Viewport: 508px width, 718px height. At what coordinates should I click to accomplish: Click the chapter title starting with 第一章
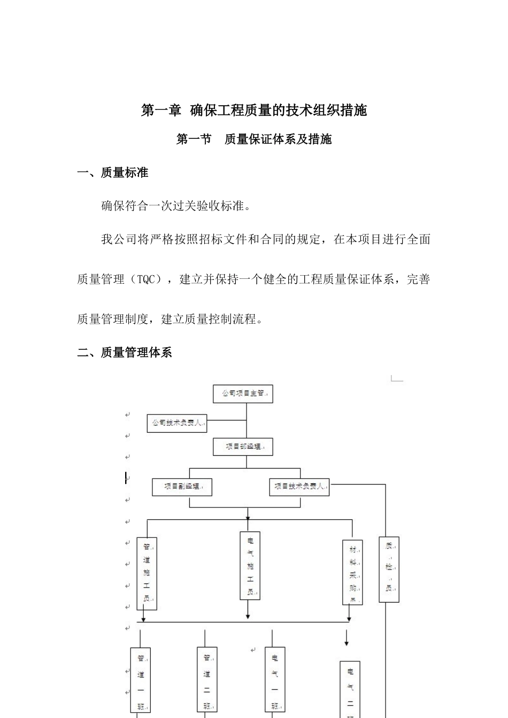pyautogui.click(x=254, y=110)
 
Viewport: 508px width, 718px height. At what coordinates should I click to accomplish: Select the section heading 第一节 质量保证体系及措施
pyautogui.click(x=254, y=139)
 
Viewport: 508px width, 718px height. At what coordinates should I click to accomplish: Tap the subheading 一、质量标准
pyautogui.click(x=113, y=173)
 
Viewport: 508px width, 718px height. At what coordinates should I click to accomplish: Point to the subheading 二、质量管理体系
pyautogui.click(x=125, y=353)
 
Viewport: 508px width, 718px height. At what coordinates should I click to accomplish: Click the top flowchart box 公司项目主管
pyautogui.click(x=243, y=394)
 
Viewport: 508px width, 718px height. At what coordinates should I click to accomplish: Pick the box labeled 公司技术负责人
pyautogui.click(x=177, y=423)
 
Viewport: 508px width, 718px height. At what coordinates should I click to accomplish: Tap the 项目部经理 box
pyautogui.click(x=243, y=446)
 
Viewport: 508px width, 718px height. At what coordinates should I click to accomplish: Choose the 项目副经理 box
pyautogui.click(x=182, y=487)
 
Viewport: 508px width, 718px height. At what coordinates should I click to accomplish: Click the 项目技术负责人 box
pyautogui.click(x=299, y=487)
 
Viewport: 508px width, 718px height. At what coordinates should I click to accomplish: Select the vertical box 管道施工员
pyautogui.click(x=147, y=573)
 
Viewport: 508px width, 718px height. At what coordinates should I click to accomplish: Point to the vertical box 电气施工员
pyautogui.click(x=250, y=566)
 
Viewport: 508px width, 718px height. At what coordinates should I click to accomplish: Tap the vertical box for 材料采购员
pyautogui.click(x=352, y=572)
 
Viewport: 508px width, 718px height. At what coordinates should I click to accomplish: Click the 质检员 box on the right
pyautogui.click(x=389, y=569)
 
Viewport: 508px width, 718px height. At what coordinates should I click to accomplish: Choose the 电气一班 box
pyautogui.click(x=275, y=681)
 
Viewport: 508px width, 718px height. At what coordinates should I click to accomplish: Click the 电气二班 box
pyautogui.click(x=350, y=689)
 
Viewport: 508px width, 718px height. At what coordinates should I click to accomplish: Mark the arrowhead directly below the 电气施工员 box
pyautogui.click(x=248, y=617)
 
